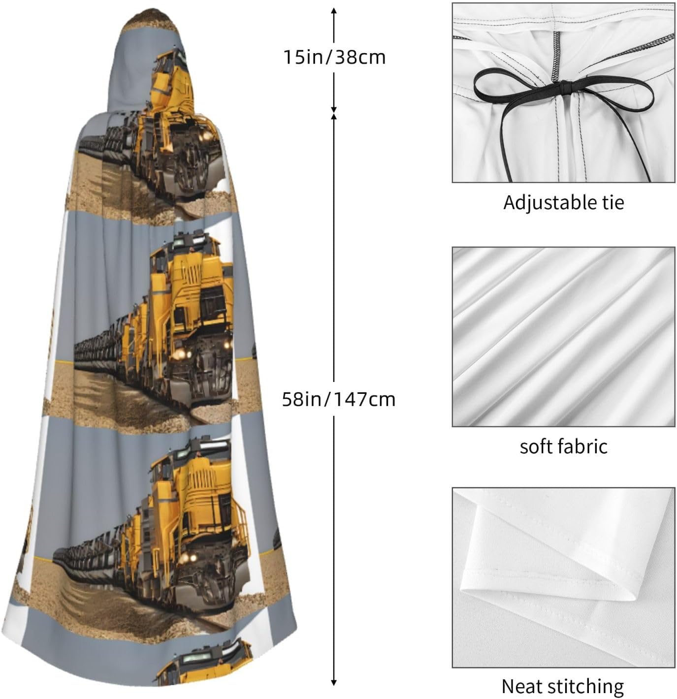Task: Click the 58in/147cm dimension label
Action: click(339, 399)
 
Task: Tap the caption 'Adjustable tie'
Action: click(563, 203)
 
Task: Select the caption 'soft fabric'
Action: click(563, 446)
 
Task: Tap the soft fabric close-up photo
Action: click(563, 337)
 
